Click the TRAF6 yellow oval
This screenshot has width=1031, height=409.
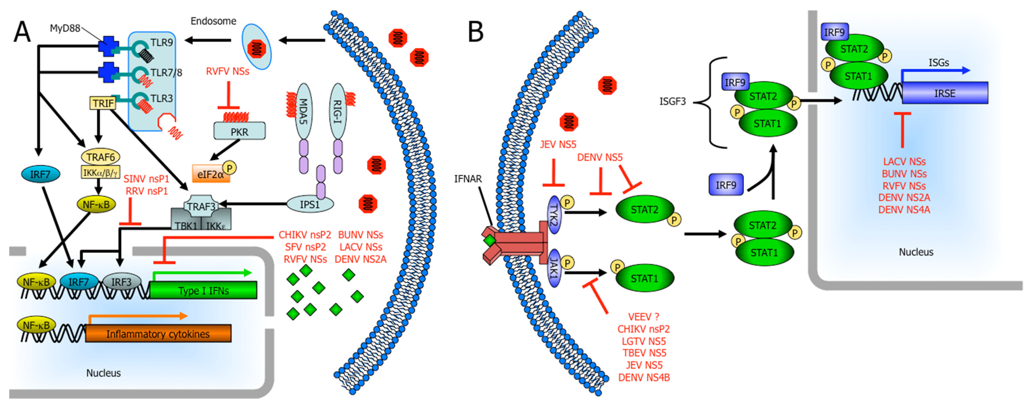(x=100, y=157)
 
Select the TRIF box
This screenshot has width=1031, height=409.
(x=103, y=103)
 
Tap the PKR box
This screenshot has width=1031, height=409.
(x=239, y=132)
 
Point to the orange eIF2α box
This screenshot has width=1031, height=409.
(x=211, y=174)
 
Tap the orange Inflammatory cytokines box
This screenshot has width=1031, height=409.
(x=158, y=334)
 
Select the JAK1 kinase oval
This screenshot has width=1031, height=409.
(x=554, y=268)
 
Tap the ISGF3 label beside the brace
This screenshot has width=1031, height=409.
(x=672, y=102)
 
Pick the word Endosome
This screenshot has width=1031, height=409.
(x=213, y=21)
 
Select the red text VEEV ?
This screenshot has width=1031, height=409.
(x=643, y=317)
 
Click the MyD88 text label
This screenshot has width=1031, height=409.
(x=65, y=28)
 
